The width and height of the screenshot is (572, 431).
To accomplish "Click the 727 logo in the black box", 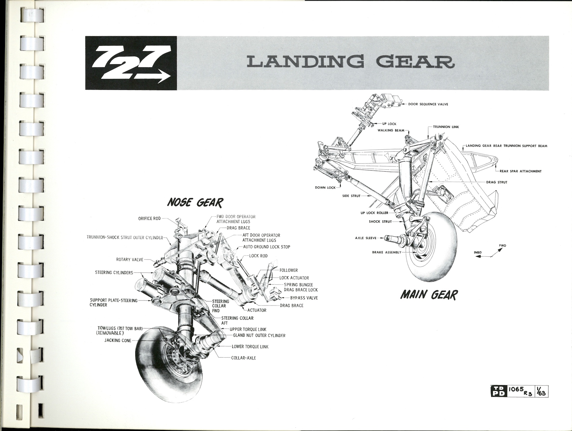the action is (131, 63).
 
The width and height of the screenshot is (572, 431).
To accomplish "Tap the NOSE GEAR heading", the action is (195, 203).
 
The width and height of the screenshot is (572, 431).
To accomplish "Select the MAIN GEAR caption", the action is (429, 295).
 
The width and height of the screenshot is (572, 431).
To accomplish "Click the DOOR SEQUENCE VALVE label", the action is (428, 104).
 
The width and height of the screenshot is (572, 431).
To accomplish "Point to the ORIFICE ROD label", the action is (149, 218).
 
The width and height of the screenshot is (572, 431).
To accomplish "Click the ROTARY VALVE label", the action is (130, 259).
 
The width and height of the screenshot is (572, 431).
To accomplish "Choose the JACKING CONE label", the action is (117, 340).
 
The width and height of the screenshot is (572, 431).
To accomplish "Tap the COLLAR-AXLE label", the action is (243, 358).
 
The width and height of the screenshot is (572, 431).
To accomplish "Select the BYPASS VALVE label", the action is (304, 298).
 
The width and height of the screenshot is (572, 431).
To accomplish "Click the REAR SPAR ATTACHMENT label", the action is (520, 171).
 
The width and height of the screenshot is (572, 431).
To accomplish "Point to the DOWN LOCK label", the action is (325, 188).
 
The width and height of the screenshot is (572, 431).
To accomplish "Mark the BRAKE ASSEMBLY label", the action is (386, 252).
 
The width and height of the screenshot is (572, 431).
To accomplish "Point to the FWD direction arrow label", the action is (503, 246).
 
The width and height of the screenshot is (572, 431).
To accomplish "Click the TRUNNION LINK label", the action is (446, 127).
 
